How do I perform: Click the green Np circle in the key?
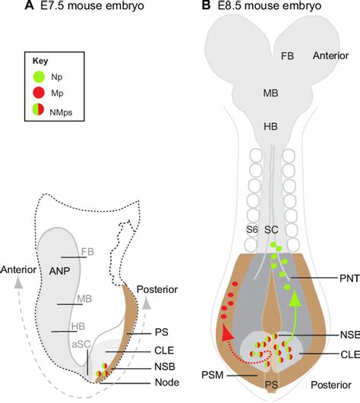click(x=39, y=77)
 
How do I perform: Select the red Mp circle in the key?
click(x=39, y=93)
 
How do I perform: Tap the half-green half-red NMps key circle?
click(x=38, y=110)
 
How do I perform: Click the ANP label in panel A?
click(x=59, y=271)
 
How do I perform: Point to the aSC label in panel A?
click(x=81, y=345)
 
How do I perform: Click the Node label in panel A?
click(x=167, y=383)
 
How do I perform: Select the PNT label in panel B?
click(x=349, y=279)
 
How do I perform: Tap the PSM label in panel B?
click(x=213, y=375)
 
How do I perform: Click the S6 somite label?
click(x=252, y=229)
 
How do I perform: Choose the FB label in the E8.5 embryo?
click(x=287, y=55)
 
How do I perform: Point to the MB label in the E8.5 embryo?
click(x=271, y=93)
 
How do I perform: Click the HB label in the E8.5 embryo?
click(x=271, y=127)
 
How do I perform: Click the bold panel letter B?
click(x=207, y=5)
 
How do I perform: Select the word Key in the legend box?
click(x=40, y=61)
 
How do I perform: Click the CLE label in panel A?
click(x=164, y=351)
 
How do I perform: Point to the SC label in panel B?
click(x=272, y=230)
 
